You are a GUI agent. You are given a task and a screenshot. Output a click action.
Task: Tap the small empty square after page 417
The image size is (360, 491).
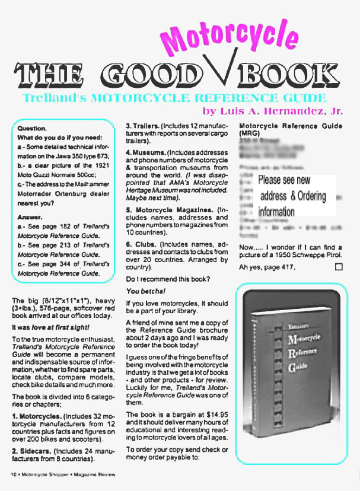coord(339,267)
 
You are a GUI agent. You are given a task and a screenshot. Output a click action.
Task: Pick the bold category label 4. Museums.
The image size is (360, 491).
coord(144,152)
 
